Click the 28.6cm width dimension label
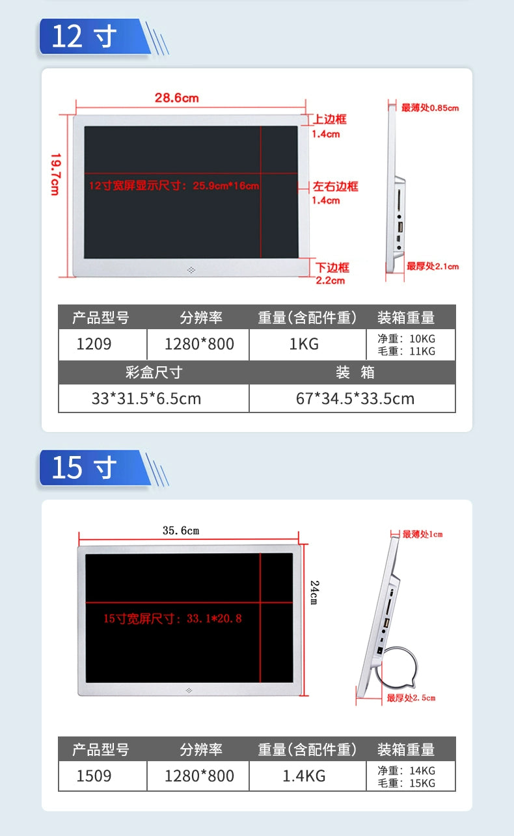[x=176, y=98]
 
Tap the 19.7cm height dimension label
[x=55, y=174]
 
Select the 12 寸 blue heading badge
[x=95, y=36]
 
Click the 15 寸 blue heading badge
[x=95, y=468]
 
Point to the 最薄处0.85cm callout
[x=430, y=108]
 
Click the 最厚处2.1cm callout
[x=433, y=266]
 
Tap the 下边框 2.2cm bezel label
[x=332, y=273]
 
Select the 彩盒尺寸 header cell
[x=154, y=372]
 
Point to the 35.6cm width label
[x=181, y=530]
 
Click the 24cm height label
[x=315, y=592]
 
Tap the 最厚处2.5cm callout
[x=411, y=697]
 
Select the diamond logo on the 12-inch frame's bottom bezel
[x=191, y=270]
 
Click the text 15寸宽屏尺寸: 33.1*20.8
[x=172, y=619]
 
